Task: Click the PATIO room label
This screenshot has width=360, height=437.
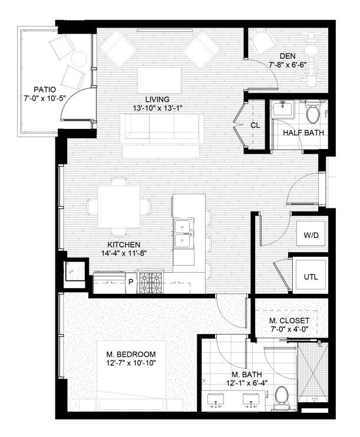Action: (45, 90)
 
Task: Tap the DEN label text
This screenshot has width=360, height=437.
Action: (288, 56)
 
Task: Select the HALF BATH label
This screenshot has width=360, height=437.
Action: (303, 133)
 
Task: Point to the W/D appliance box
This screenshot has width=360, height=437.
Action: (311, 234)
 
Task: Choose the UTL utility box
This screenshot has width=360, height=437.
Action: (311, 275)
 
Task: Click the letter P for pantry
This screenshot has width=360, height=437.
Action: (130, 282)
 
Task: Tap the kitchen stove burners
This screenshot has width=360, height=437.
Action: (151, 283)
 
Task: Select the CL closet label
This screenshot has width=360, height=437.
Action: (255, 125)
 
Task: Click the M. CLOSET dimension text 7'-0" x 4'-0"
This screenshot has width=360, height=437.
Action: (289, 329)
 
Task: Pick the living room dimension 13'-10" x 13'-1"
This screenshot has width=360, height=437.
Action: (157, 108)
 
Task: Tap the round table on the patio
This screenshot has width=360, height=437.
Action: (78, 58)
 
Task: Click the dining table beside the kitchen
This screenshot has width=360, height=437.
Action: (119, 207)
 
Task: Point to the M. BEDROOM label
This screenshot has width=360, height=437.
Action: (131, 354)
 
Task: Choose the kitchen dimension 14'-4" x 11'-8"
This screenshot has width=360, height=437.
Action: (124, 253)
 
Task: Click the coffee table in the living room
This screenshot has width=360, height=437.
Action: (159, 81)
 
